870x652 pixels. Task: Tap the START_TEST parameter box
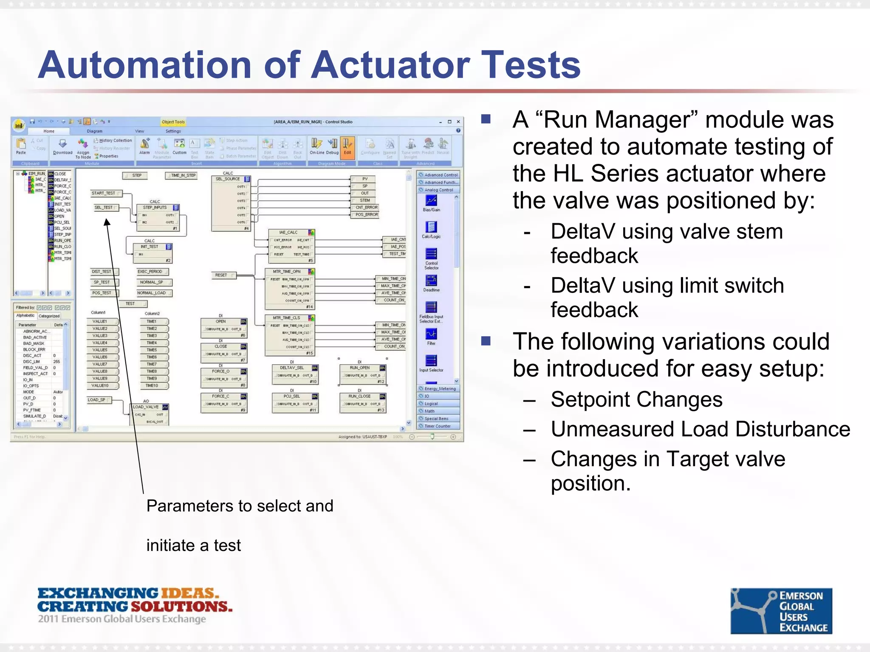(104, 193)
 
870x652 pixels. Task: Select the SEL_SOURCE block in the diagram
(228, 179)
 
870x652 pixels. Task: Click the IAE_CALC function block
(288, 233)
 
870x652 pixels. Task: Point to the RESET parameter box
(221, 275)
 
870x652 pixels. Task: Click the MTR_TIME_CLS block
(287, 318)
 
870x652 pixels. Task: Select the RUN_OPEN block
(360, 368)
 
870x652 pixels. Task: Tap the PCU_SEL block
(292, 396)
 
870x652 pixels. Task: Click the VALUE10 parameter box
(101, 385)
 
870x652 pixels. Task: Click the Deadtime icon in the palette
(431, 282)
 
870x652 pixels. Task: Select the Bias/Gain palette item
(431, 202)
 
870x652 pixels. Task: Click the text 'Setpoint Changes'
(636, 399)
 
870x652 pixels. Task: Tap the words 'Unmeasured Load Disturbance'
(700, 429)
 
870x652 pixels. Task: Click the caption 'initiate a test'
(193, 545)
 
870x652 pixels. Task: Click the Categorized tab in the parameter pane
(49, 316)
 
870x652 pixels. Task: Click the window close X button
(458, 122)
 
